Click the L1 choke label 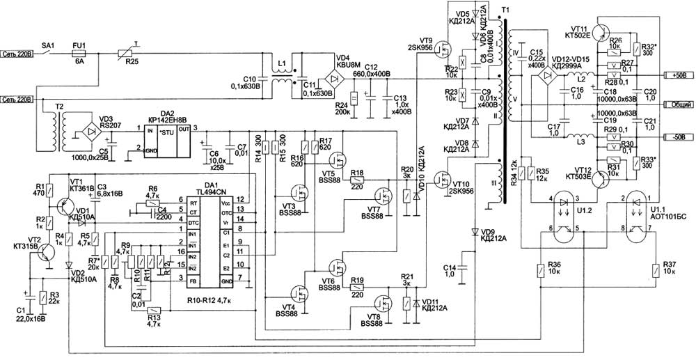[281, 63]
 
